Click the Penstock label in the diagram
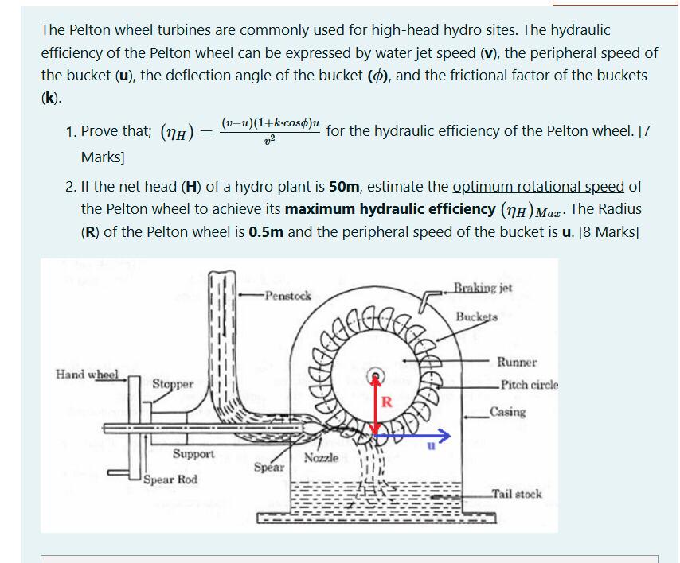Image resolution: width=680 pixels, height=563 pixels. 287,296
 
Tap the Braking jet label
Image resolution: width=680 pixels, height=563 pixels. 483,288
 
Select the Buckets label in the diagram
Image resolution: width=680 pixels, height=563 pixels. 476,316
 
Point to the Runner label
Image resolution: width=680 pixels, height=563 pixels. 517,362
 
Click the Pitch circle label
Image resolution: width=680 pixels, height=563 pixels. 527,384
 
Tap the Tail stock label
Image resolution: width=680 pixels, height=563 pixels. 517,494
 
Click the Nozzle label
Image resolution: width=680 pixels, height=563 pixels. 322,458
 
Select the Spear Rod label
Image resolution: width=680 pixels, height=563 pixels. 171,480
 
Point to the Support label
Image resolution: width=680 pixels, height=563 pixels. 193,454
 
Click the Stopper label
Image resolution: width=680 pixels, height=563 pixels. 173,384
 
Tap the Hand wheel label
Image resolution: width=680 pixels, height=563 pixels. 87,374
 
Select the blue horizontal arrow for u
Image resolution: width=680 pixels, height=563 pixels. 414,436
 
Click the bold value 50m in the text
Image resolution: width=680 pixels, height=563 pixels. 346,188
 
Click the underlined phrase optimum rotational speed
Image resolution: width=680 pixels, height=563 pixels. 538,188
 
